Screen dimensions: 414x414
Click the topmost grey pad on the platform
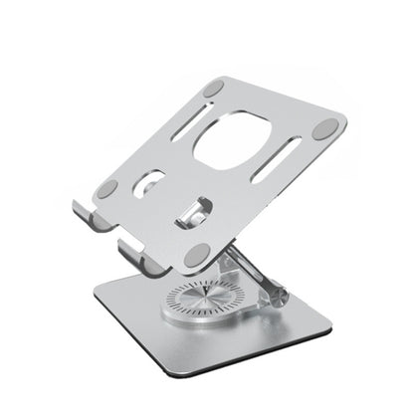pos(213,92)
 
